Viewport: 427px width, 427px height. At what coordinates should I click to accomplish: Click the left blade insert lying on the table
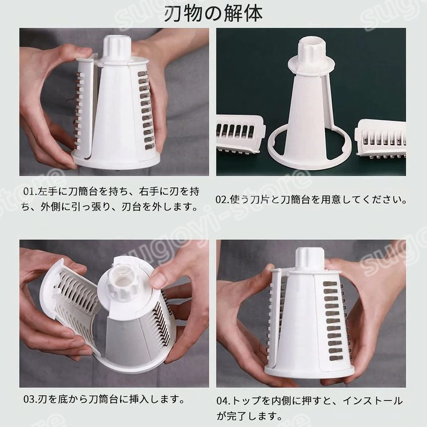tap(241, 134)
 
